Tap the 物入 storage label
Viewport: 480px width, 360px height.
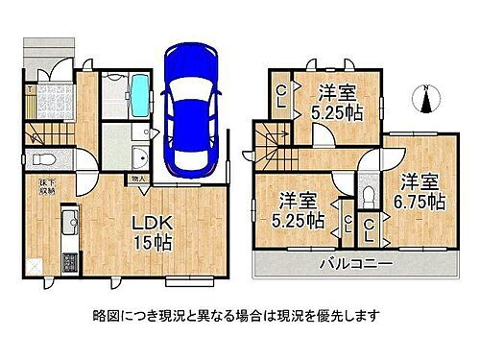pos(137,178)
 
